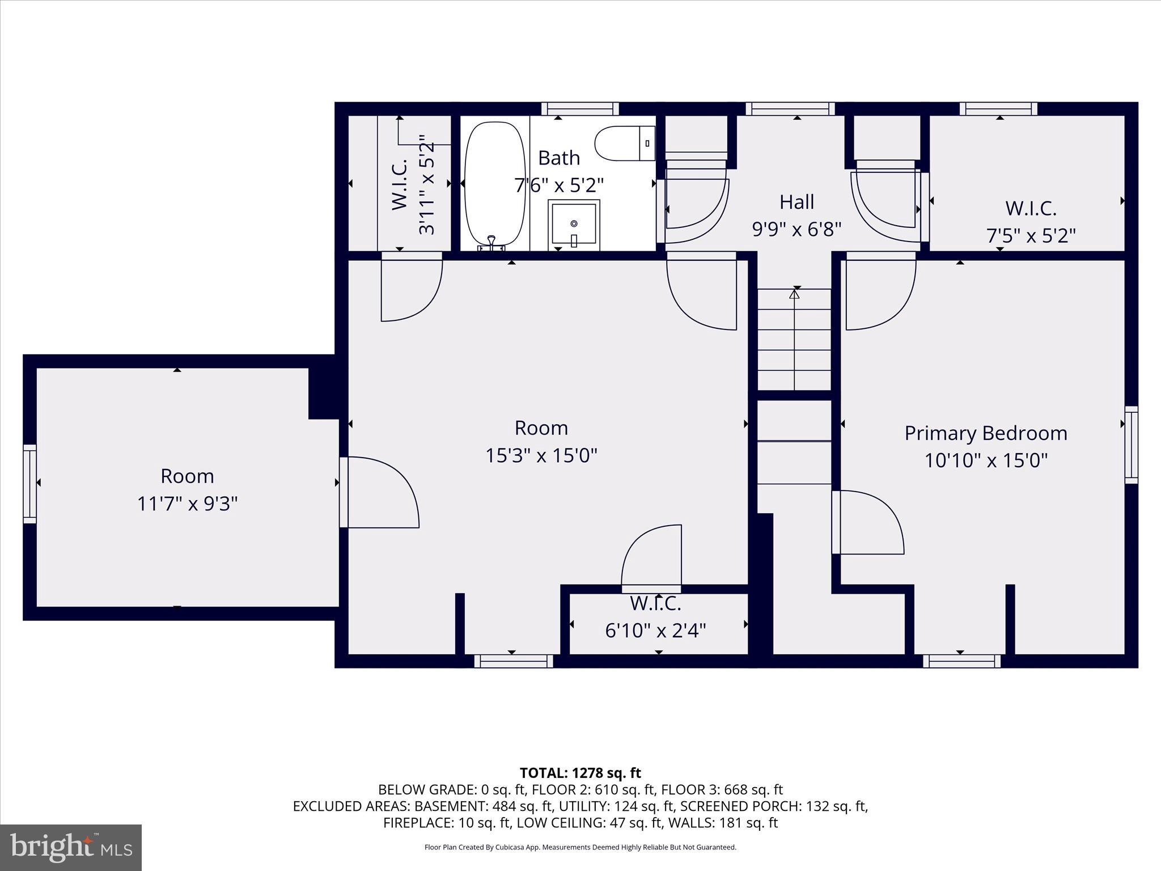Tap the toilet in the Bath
(624, 143)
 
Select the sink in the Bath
(574, 225)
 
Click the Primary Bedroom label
(985, 433)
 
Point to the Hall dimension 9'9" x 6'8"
(796, 229)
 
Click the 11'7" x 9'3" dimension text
(187, 504)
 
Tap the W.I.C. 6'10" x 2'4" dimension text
(655, 631)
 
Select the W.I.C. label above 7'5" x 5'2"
(1030, 208)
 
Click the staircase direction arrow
(794, 294)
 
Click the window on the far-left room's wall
(29, 484)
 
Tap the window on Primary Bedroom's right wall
(1131, 445)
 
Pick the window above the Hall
(790, 109)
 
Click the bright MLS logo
(71, 848)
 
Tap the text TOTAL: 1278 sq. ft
(580, 773)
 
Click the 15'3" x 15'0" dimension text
(541, 455)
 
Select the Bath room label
(558, 158)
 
